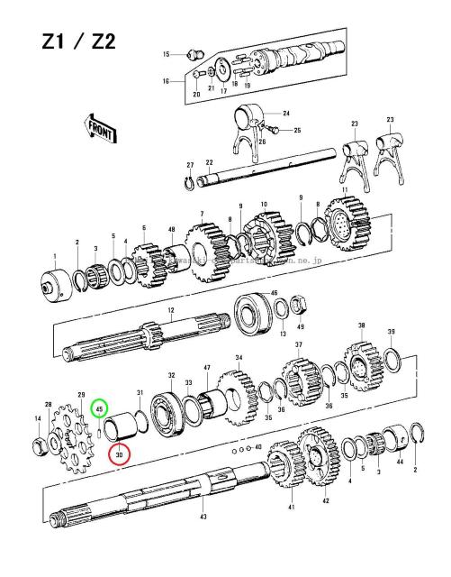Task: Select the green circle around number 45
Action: tap(100, 408)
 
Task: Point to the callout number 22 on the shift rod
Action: tap(208, 162)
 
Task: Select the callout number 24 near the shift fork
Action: tap(286, 114)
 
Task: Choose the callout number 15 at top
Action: tap(166, 55)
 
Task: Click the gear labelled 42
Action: tap(319, 461)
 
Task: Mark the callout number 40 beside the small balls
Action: tap(258, 447)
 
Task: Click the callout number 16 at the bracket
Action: tap(166, 81)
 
